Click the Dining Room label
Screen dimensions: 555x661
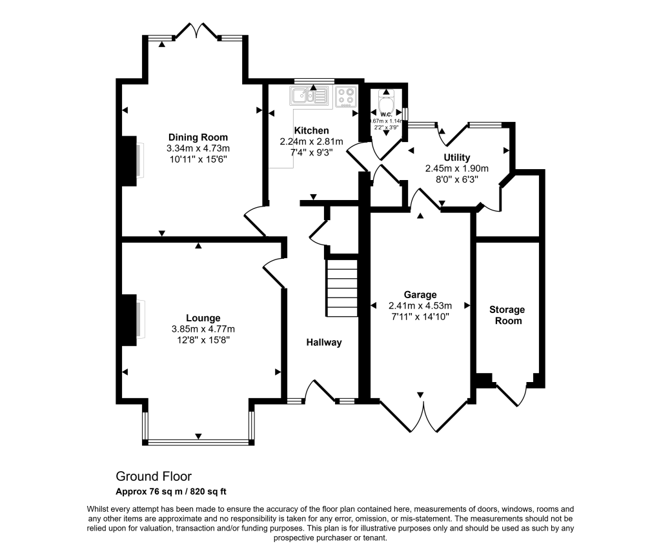198,137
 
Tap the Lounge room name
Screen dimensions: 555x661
203,318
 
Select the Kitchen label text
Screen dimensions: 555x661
312,130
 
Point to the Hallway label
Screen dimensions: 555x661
323,343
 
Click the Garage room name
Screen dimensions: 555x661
420,294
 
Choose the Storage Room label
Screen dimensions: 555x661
507,315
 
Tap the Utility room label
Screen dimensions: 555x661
456,157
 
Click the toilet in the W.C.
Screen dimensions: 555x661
386,103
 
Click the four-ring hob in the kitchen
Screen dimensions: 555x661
345,96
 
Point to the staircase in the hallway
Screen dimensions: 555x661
341,288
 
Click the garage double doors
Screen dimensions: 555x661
423,415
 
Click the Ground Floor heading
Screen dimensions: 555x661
154,476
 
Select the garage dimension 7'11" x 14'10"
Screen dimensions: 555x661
420,316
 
